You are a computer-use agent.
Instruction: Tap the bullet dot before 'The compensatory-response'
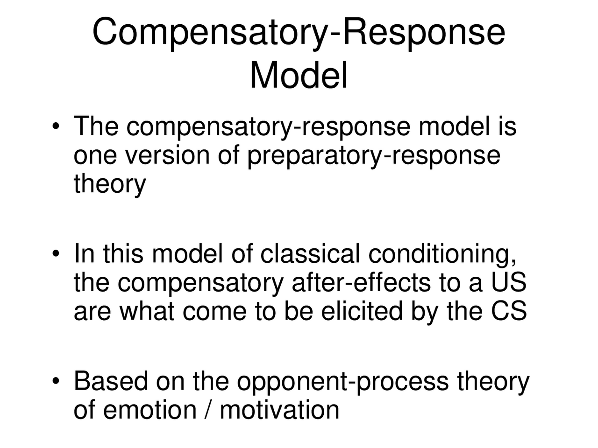[56, 127]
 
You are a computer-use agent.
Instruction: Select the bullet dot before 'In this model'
[56, 254]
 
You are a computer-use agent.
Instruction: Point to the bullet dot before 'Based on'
[56, 382]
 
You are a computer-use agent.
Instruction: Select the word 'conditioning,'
[442, 255]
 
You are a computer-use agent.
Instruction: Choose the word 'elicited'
[362, 311]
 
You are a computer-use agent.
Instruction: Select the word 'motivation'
[279, 410]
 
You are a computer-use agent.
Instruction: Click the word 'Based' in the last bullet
[110, 381]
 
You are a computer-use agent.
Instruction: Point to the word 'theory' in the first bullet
[110, 184]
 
